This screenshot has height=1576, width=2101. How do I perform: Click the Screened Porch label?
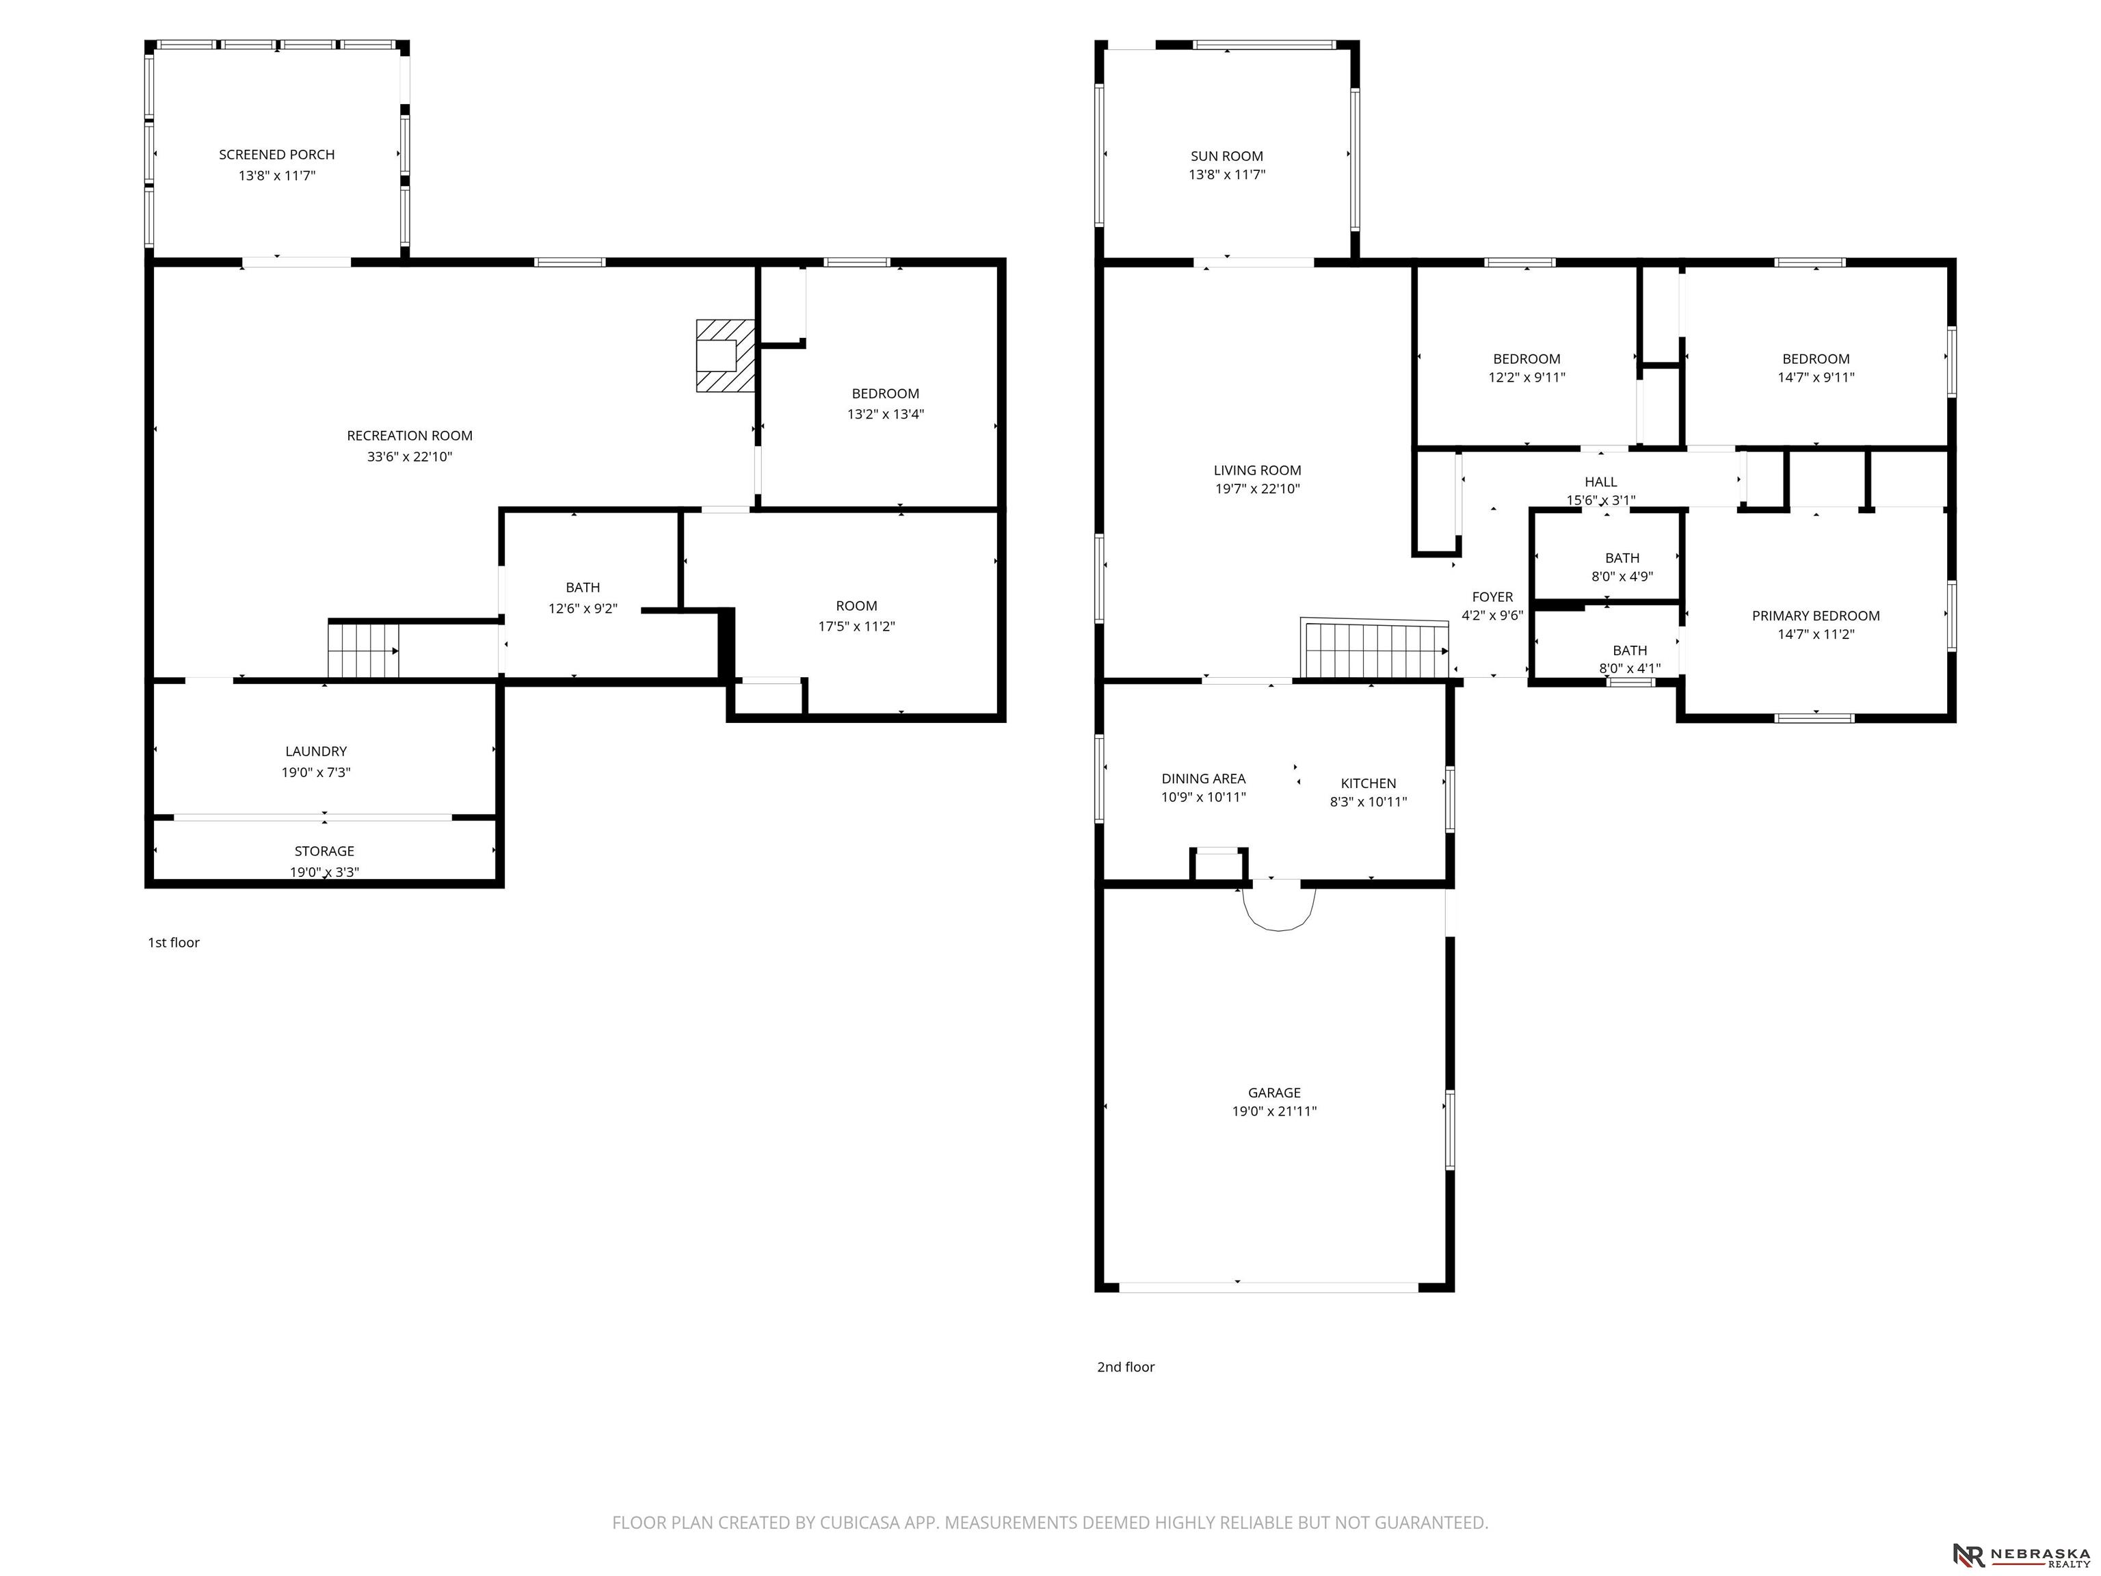click(276, 154)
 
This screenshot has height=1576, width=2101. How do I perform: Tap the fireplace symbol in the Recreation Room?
click(726, 355)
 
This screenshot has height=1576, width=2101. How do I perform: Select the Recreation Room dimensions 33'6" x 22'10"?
click(410, 457)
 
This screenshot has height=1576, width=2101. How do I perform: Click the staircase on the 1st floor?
click(364, 649)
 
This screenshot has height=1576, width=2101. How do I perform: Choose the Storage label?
click(324, 851)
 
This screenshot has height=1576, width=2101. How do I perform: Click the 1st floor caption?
click(174, 943)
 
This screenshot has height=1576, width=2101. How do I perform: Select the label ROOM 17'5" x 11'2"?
click(857, 616)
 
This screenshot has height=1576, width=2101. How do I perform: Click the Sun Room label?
click(1227, 156)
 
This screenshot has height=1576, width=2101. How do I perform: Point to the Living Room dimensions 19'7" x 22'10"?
click(1258, 489)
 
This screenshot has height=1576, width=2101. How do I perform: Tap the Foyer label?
click(1492, 596)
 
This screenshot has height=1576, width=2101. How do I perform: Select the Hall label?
click(1600, 482)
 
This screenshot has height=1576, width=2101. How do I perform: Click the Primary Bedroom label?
click(1816, 616)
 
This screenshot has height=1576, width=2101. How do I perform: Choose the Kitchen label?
click(1369, 783)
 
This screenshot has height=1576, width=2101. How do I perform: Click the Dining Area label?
click(1204, 778)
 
